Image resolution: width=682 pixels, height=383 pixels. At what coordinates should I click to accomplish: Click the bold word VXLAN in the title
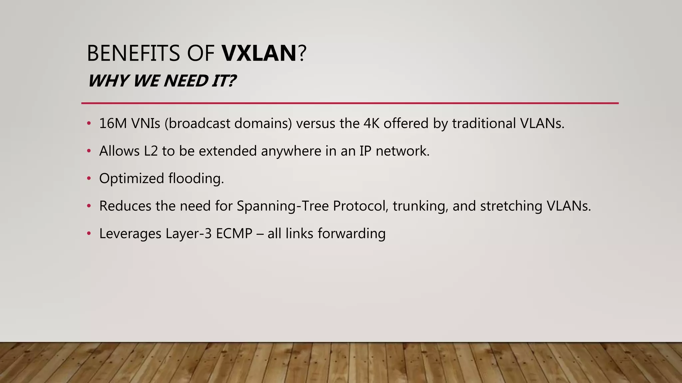coord(259,53)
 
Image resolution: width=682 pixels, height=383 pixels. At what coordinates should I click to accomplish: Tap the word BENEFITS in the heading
coord(133,53)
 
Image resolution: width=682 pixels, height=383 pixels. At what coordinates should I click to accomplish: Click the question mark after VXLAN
coord(302,53)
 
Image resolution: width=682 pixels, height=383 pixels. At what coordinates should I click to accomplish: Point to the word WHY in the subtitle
coord(108,81)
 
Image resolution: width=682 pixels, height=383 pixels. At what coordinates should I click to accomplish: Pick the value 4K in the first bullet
coord(371,123)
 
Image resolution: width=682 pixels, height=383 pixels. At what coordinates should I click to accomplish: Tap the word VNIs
coord(146,123)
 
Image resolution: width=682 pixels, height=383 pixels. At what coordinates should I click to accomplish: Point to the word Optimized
coord(132,179)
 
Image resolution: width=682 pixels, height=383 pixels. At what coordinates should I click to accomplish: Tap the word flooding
coord(196,179)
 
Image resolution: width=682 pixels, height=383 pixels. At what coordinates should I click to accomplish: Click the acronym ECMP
coord(234,233)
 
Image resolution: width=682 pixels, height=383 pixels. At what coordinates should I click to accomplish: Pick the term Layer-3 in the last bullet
coord(188,233)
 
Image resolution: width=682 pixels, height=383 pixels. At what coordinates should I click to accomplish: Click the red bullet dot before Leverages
coord(89,233)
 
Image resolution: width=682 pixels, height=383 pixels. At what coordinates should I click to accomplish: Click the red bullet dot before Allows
coord(89,151)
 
